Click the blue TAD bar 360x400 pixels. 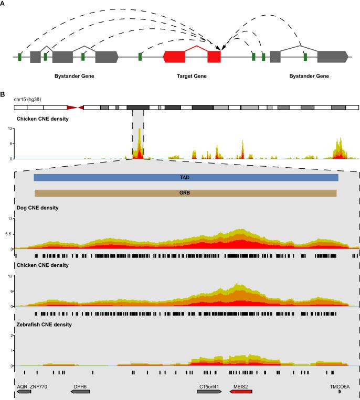coord(186,178)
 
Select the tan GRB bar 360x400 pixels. coord(185,193)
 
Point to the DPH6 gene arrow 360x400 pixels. coord(80,392)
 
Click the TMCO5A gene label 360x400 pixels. coord(339,385)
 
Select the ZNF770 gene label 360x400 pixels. coord(39,385)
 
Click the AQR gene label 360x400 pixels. coord(22,385)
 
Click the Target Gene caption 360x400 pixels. coord(192,77)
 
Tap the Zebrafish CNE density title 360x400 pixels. coord(44,325)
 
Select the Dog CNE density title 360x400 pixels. coord(37,208)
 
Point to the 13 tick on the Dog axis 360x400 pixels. coord(9,218)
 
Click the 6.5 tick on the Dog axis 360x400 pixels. coord(8,233)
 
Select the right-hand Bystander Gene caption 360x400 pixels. coord(309,77)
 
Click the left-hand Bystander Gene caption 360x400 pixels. coord(74,77)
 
